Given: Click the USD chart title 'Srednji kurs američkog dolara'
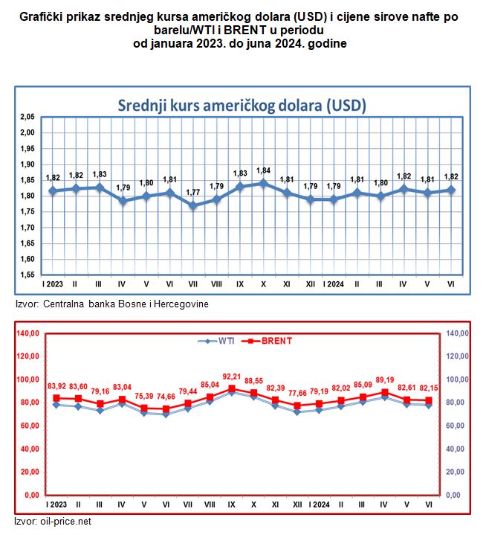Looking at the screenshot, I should [242, 105].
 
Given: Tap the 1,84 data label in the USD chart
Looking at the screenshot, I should [264, 170].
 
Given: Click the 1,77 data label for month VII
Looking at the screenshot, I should [193, 192].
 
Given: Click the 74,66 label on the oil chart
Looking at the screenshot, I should [167, 397].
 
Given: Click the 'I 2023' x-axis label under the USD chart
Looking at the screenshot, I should [53, 285].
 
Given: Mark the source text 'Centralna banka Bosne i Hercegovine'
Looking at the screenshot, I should [126, 304].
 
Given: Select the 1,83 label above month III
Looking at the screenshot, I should [99, 174].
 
